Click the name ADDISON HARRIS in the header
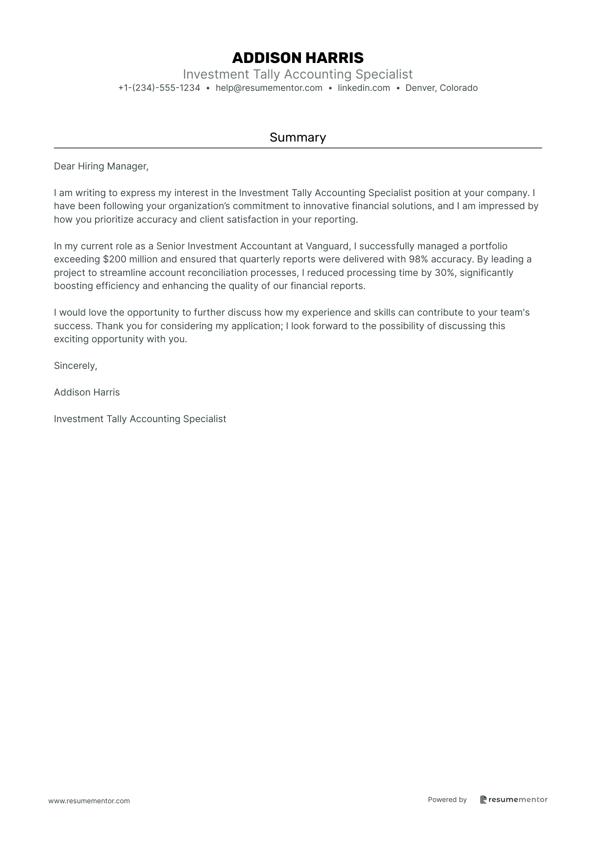(x=298, y=58)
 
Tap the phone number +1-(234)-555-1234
(x=159, y=88)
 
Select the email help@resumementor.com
(x=269, y=88)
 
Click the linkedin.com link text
(x=364, y=88)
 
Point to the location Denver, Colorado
(x=441, y=88)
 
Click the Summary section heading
(x=298, y=137)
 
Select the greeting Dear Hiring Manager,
(x=101, y=166)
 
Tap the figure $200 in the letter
(x=115, y=259)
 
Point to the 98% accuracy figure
(x=418, y=259)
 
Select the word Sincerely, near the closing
(x=76, y=366)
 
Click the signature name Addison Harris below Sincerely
(x=87, y=393)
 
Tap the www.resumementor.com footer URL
(x=89, y=801)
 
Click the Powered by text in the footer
(x=447, y=799)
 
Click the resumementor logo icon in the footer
(x=483, y=799)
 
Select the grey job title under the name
(x=298, y=74)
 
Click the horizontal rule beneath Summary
(x=298, y=148)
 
